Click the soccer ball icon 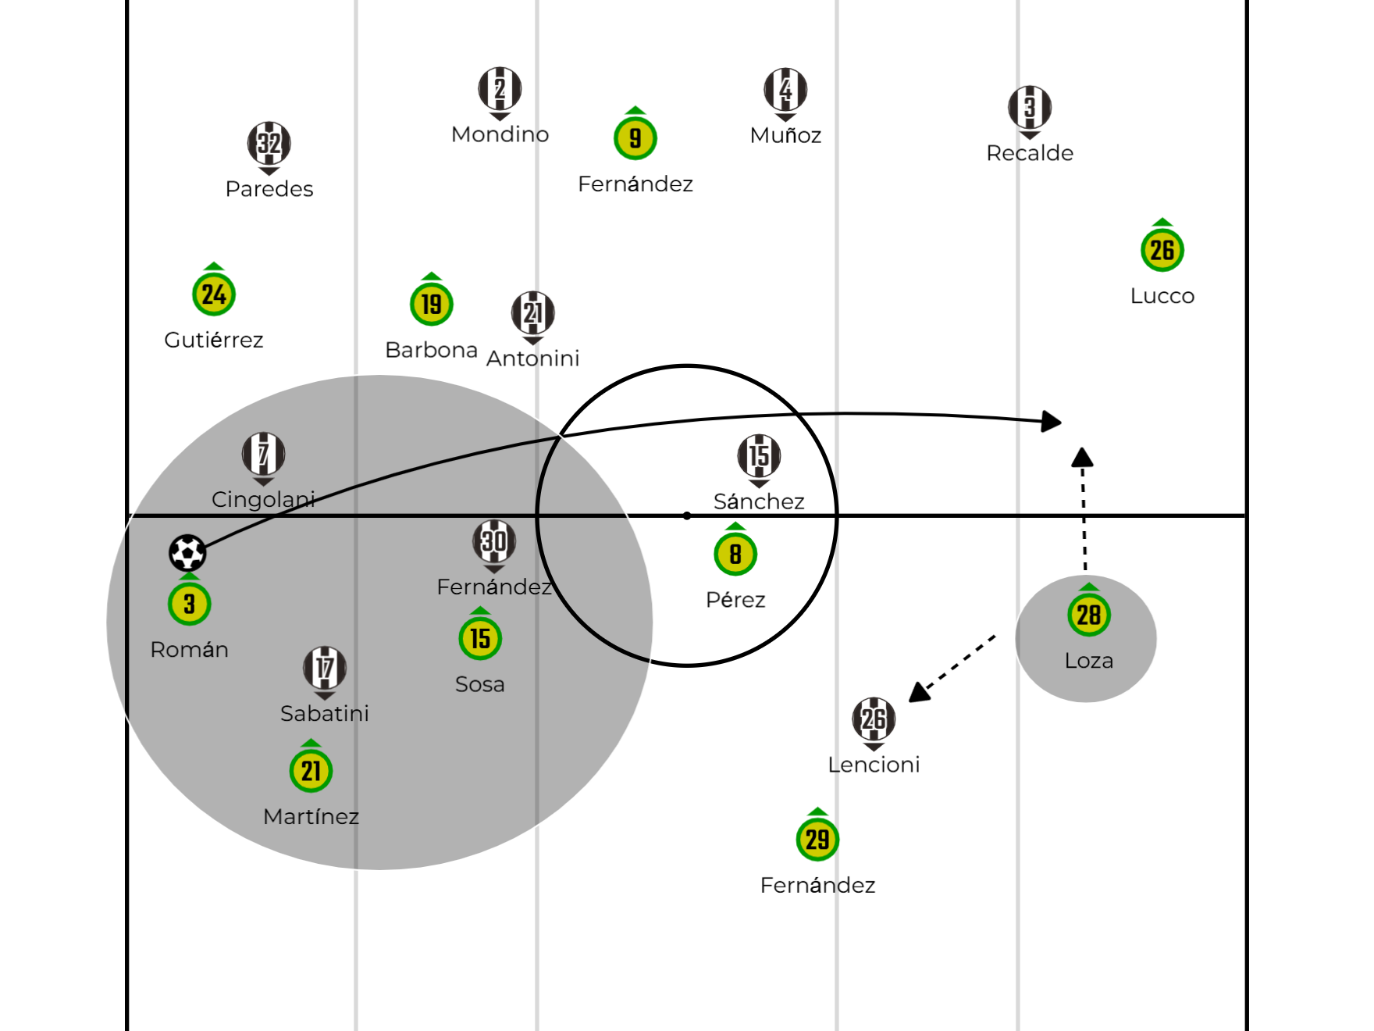point(187,553)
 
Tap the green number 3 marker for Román point(189,603)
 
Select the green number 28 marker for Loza point(1089,615)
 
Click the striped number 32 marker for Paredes point(269,144)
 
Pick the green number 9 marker point(635,138)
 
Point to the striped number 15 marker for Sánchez point(759,456)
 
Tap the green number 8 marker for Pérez point(735,554)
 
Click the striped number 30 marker point(494,541)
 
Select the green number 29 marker point(817,840)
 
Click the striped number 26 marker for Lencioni point(874,719)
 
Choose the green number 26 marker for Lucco point(1162,250)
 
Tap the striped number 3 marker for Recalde point(1030,108)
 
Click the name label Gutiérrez point(214,341)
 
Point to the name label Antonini point(533,359)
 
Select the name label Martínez point(311,816)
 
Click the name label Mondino point(500,134)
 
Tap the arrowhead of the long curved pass point(1052,422)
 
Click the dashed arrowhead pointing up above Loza point(1082,457)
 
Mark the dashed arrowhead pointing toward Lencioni point(920,692)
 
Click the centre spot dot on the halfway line point(687,515)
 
